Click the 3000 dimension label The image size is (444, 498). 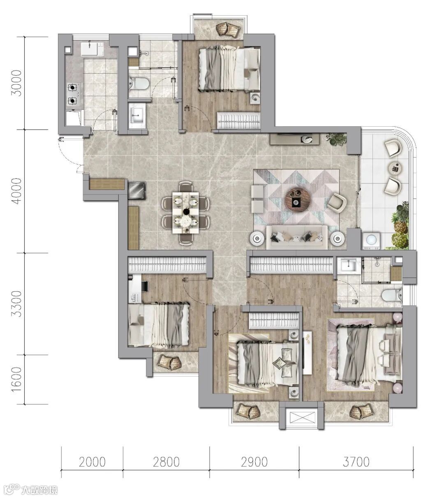point(17,83)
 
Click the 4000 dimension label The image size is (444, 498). point(17,191)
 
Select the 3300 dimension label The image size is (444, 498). point(17,303)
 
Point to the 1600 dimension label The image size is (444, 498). point(17,380)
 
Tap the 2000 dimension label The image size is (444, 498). point(92,462)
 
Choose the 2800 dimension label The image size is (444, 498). point(166,462)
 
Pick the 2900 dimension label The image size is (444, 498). point(254,462)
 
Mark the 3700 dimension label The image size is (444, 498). point(356,462)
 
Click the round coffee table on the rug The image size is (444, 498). point(298,199)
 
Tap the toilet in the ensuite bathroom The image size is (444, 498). point(392,295)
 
